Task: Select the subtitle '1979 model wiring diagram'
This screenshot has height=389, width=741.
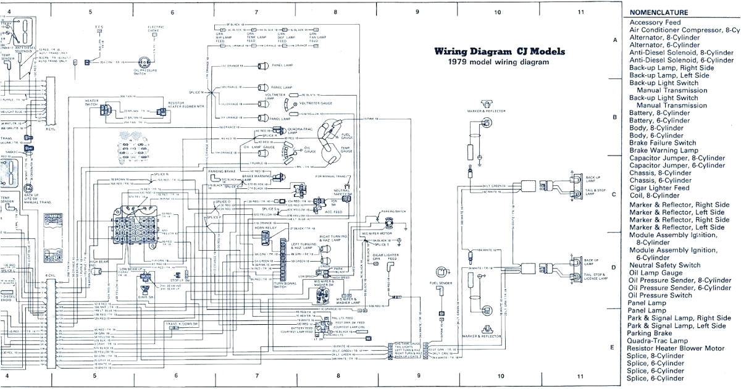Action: pos(498,62)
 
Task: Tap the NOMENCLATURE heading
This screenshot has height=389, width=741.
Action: pos(659,13)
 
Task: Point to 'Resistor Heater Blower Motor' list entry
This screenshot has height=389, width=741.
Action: pos(677,348)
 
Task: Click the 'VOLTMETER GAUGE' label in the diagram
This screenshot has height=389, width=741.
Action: pos(315,104)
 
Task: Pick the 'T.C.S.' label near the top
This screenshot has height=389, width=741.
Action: pos(99,28)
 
